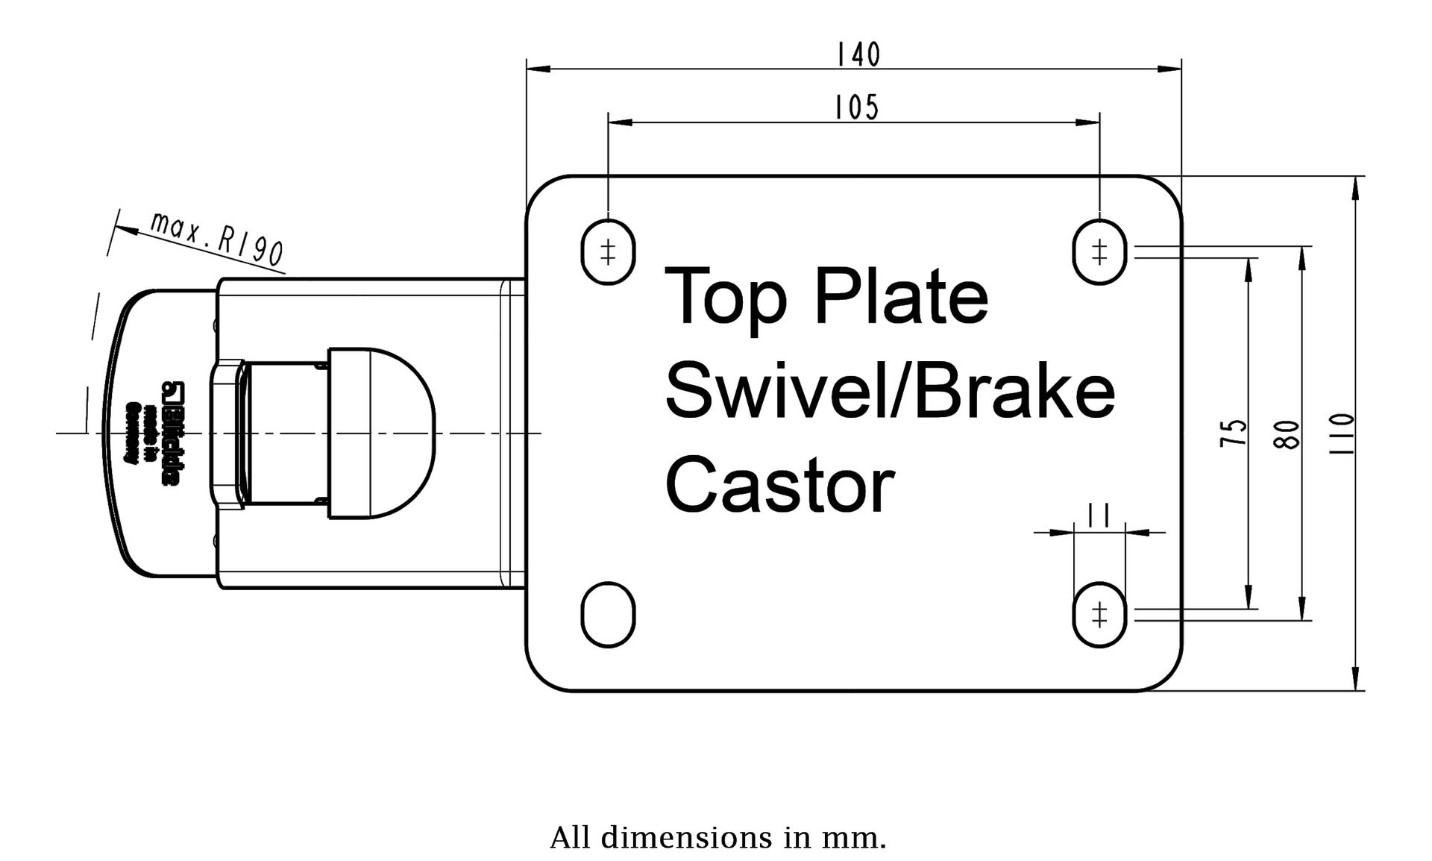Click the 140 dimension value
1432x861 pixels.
click(x=858, y=54)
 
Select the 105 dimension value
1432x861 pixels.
click(x=856, y=108)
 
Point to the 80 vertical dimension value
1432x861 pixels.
click(x=1288, y=434)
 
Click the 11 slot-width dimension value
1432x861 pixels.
click(x=1099, y=516)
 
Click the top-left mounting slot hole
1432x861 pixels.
click(x=608, y=251)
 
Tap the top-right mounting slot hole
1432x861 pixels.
click(x=1099, y=251)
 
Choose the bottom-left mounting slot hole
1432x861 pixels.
click(x=608, y=615)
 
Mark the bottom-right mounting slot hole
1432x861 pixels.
click(x=1099, y=615)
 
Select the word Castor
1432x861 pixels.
click(x=779, y=486)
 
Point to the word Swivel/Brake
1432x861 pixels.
click(x=890, y=391)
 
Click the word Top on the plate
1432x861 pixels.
click(x=726, y=298)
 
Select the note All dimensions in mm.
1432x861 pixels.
click(x=718, y=838)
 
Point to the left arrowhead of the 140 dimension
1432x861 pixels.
click(x=538, y=69)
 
